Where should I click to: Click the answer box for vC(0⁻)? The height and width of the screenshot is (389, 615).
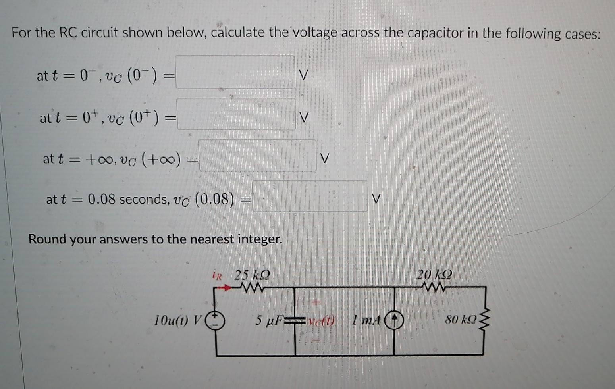pyautogui.click(x=235, y=72)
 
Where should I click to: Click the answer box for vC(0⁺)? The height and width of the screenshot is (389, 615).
pyautogui.click(x=236, y=114)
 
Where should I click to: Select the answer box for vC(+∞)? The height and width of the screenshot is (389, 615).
pyautogui.click(x=257, y=156)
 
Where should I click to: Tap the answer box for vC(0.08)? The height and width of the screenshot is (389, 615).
pyautogui.click(x=310, y=196)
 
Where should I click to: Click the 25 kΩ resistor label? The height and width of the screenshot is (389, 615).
pyautogui.click(x=253, y=275)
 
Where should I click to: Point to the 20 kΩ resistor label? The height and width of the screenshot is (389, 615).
pyautogui.click(x=434, y=274)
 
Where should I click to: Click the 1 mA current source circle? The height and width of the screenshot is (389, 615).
pyautogui.click(x=394, y=320)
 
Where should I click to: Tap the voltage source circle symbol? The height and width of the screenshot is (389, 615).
pyautogui.click(x=215, y=320)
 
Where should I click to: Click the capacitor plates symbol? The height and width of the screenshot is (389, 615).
pyautogui.click(x=295, y=320)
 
